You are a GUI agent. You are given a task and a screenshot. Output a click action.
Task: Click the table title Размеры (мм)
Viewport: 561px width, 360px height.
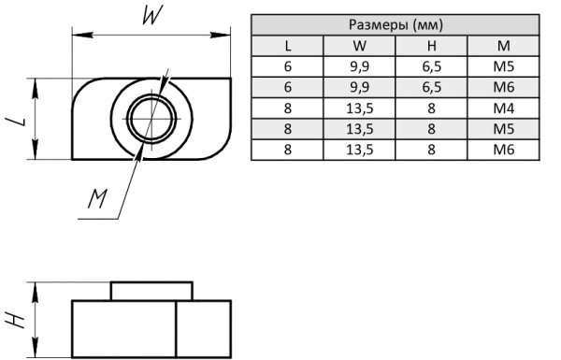396,24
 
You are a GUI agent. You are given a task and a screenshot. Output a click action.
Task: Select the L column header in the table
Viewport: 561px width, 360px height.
288,46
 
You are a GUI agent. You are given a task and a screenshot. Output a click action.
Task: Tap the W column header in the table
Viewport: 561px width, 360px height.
360,46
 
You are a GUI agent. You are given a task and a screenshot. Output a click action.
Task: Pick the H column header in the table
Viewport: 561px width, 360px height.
431,46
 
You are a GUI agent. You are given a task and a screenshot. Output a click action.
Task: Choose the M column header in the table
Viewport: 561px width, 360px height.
503,46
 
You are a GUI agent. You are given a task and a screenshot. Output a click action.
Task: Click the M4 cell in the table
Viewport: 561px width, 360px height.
503,108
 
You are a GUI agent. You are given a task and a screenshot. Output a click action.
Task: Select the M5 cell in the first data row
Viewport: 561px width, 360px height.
503,66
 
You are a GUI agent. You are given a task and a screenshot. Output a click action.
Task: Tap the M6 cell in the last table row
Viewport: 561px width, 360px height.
503,150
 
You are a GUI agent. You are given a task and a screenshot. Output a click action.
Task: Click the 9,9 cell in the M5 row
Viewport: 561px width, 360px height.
360,66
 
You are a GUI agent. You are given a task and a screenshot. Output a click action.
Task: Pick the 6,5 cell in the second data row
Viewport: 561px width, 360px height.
431,87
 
